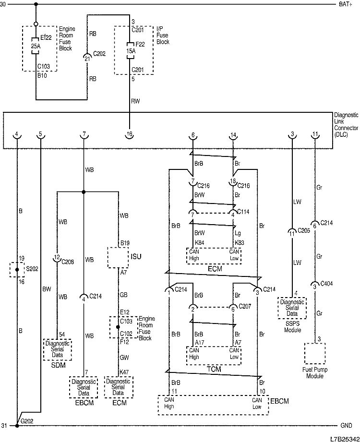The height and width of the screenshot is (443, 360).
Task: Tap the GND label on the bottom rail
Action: coord(347,426)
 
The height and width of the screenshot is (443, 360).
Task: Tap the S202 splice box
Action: coord(17,270)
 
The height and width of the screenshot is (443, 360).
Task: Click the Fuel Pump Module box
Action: coord(315,354)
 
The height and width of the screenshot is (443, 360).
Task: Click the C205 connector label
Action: coord(304,230)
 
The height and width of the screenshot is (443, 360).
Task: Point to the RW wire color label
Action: coord(135,101)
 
